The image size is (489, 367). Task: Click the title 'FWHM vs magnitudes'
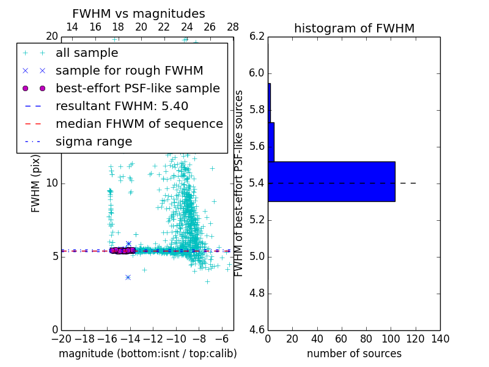(x=139, y=13)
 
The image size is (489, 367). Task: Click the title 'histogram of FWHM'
(x=354, y=28)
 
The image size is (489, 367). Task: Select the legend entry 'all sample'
(x=87, y=53)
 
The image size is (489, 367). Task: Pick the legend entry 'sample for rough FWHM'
(x=129, y=70)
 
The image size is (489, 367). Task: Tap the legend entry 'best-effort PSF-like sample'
(x=138, y=88)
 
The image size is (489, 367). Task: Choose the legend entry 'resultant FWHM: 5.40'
(x=122, y=106)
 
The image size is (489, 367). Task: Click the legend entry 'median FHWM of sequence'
(x=139, y=124)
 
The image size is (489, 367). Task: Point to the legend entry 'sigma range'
(x=94, y=141)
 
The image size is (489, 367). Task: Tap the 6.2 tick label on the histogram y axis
(x=257, y=37)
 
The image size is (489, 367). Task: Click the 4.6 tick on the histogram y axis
(x=257, y=330)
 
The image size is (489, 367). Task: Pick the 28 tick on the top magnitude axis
(x=233, y=27)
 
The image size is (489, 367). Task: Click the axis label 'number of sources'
(x=354, y=354)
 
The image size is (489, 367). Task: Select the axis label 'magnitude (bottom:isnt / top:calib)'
(x=147, y=354)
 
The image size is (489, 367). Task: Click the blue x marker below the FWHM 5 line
(x=128, y=277)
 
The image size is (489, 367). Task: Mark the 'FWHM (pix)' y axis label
(x=36, y=183)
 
